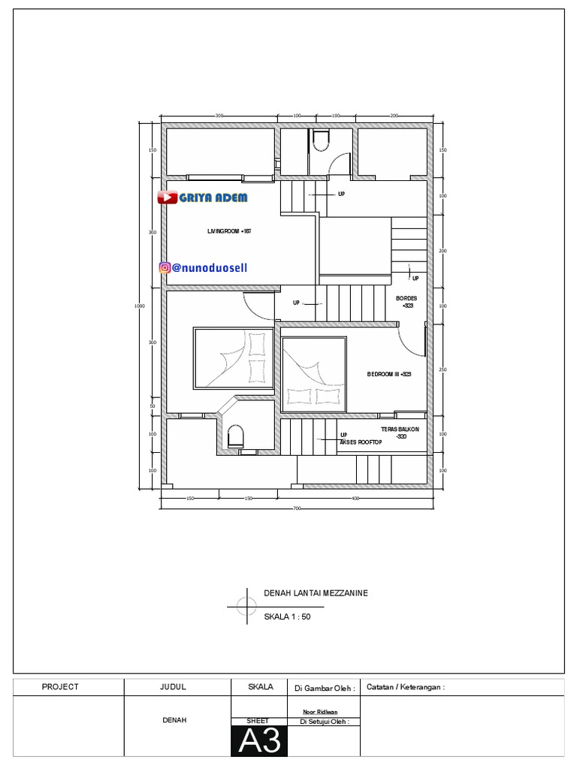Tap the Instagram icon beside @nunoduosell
(165, 267)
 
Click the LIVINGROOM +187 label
(229, 231)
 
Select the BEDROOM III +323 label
(389, 374)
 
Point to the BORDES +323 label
(406, 302)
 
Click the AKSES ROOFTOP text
(361, 442)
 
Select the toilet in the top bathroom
(320, 140)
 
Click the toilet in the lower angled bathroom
(235, 436)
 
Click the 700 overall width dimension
(297, 509)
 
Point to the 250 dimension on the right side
(443, 369)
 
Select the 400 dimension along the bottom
(355, 498)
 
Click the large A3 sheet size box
(259, 741)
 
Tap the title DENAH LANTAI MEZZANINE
(316, 593)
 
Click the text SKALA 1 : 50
(287, 617)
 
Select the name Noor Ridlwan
(320, 711)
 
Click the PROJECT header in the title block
(60, 686)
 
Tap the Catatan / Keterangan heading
(405, 686)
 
